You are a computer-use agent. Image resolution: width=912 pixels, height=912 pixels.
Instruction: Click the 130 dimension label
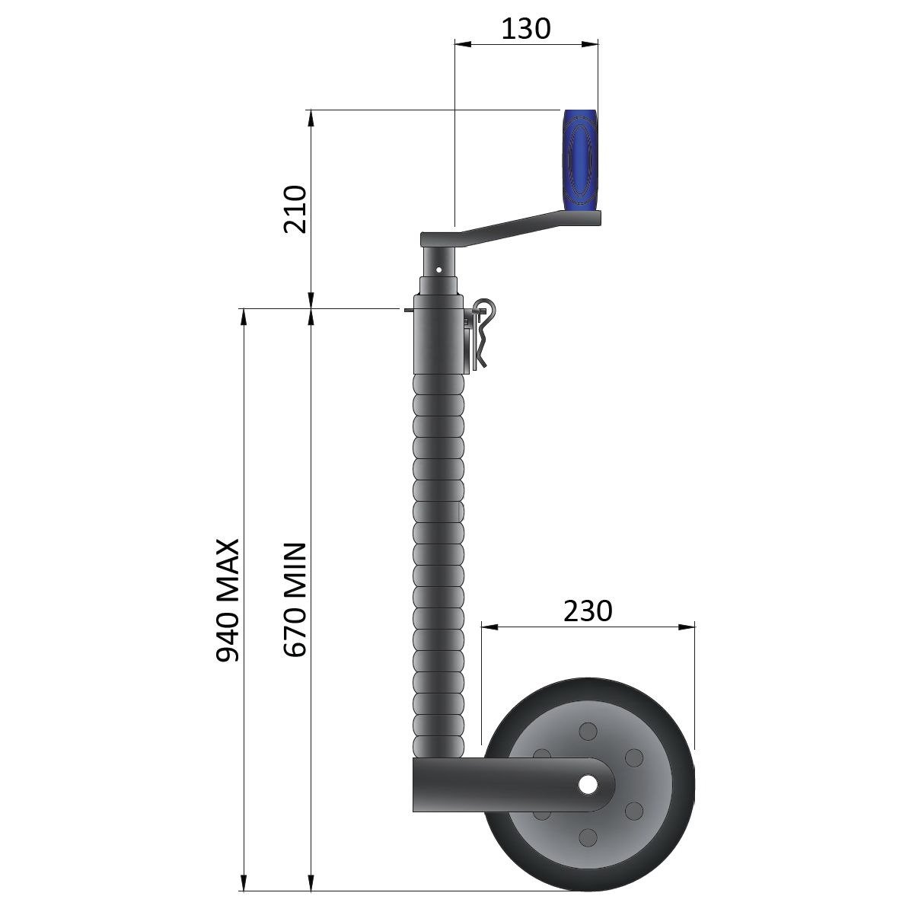(x=525, y=28)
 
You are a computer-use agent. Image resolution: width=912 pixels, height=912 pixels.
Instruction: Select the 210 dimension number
(x=295, y=209)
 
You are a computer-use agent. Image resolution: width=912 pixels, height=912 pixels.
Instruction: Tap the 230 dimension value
(x=588, y=611)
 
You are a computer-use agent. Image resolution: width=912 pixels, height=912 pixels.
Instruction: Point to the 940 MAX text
(x=228, y=600)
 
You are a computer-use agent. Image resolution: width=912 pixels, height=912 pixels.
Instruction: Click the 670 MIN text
(x=295, y=600)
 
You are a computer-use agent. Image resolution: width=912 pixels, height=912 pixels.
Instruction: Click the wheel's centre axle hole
(x=588, y=785)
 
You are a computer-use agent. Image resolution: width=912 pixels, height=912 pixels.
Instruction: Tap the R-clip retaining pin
(x=482, y=333)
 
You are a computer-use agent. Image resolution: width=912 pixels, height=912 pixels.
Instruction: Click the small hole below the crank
(x=438, y=270)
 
